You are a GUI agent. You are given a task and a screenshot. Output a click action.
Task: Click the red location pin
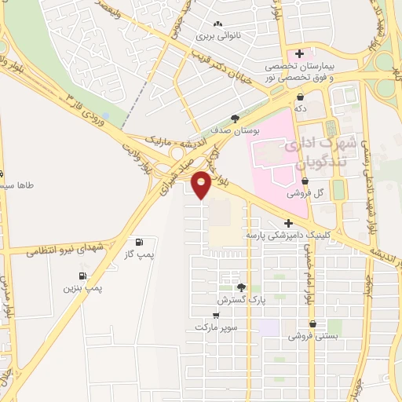(x=202, y=185)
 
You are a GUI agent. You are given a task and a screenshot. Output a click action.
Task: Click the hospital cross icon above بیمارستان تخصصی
(x=298, y=53)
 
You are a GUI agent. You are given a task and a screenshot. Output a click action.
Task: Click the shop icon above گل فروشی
(x=305, y=181)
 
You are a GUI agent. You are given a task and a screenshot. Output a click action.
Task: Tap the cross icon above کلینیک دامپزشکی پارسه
(x=290, y=223)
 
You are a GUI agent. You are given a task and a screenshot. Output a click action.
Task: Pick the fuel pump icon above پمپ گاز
(x=140, y=242)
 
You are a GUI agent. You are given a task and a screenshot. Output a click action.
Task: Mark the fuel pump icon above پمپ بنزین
(x=82, y=276)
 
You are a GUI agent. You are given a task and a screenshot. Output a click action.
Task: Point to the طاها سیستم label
(x=20, y=187)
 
